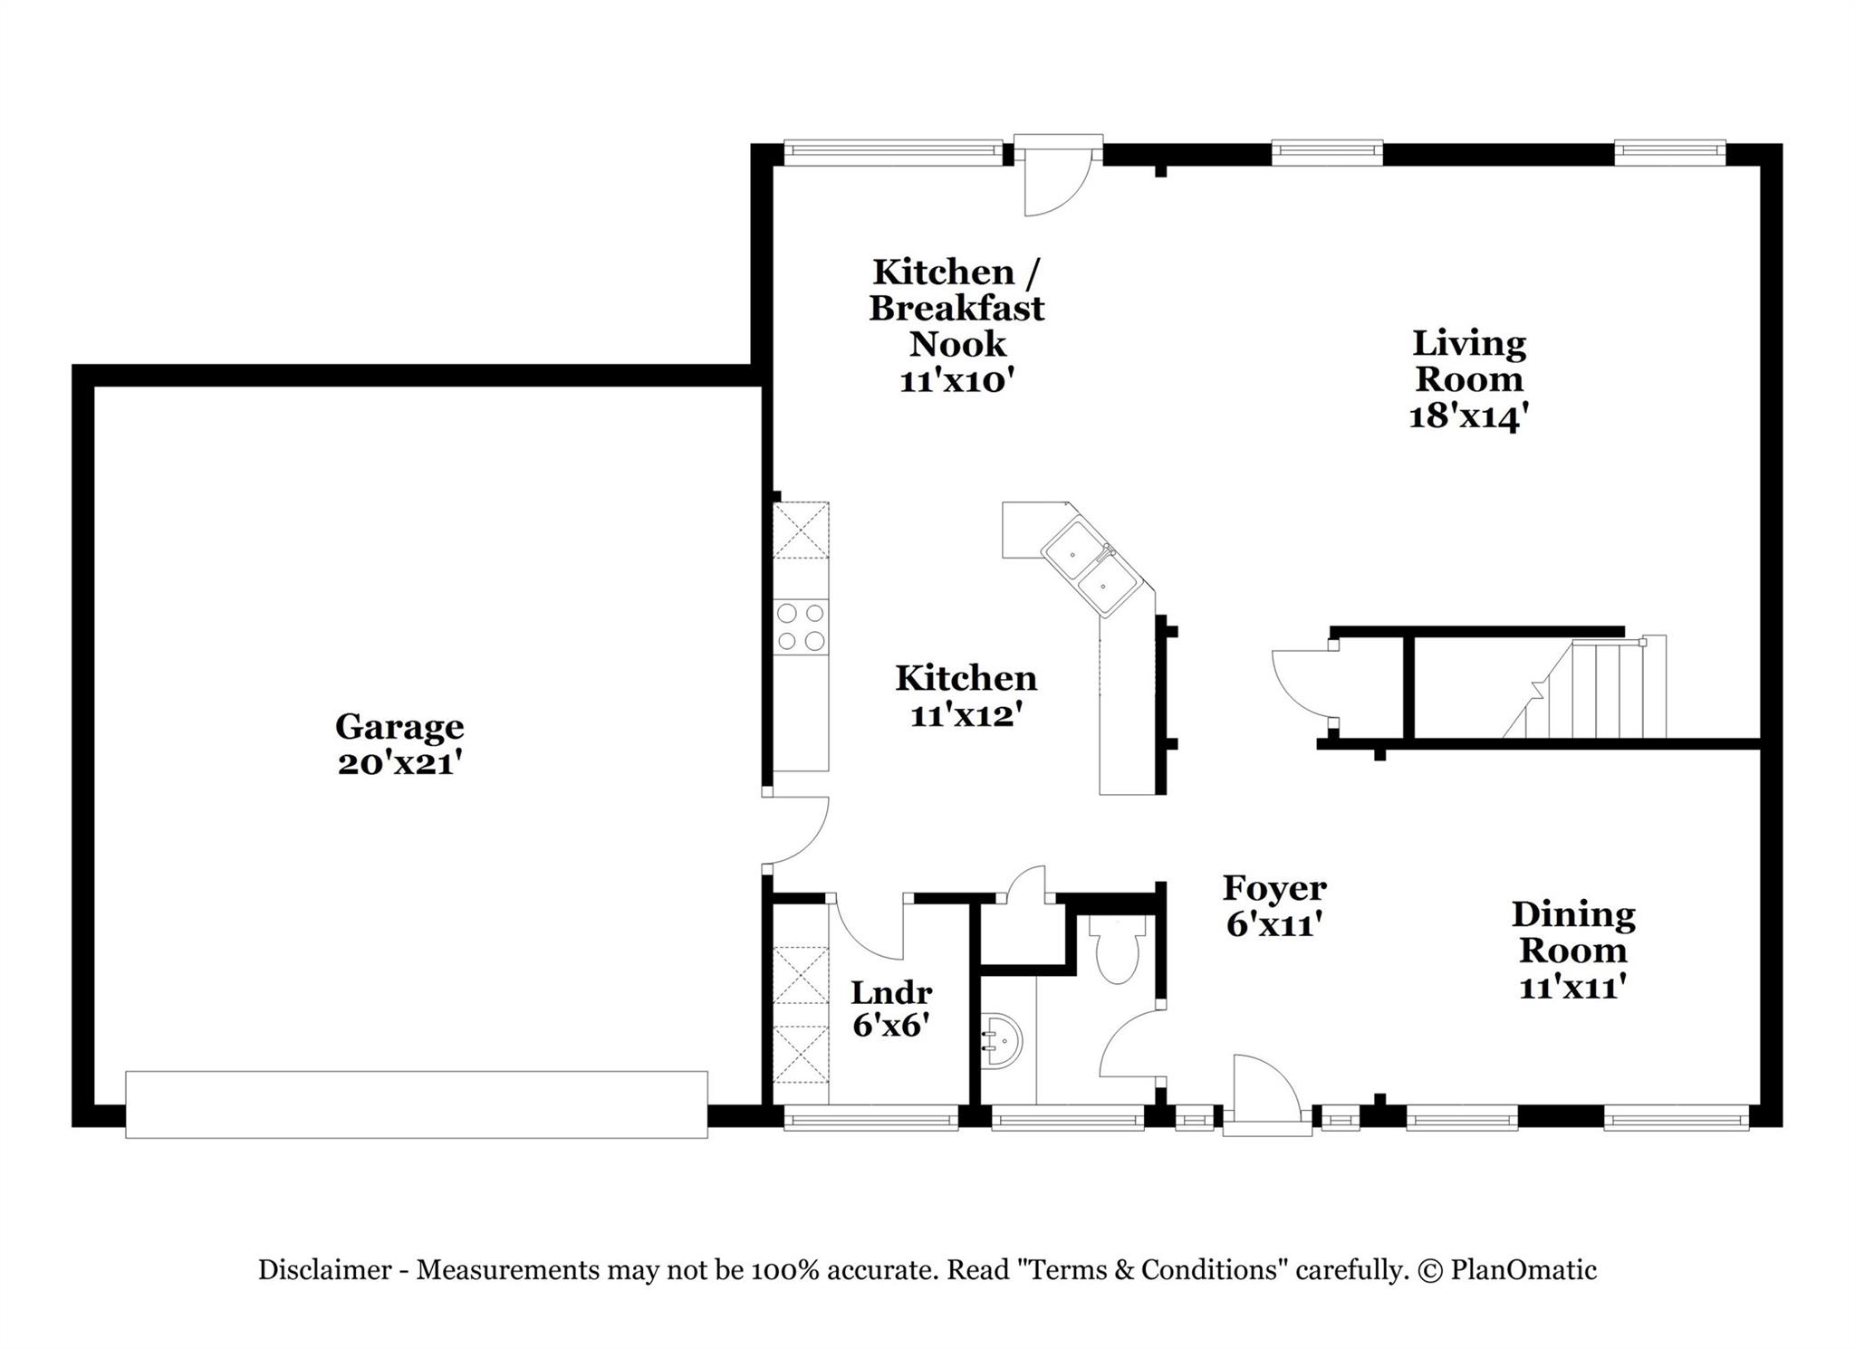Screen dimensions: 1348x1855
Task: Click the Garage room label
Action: click(399, 727)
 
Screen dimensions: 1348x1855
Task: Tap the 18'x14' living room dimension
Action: click(1469, 416)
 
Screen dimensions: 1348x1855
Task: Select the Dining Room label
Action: click(1573, 932)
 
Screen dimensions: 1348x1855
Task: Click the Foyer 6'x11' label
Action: click(1274, 906)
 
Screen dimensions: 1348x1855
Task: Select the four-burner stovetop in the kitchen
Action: click(802, 626)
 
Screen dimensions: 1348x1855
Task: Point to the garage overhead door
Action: click(416, 1104)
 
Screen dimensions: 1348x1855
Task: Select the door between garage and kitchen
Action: click(795, 831)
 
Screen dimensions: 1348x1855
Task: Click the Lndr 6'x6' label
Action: click(891, 1009)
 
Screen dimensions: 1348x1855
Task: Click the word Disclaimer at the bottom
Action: click(324, 1270)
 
